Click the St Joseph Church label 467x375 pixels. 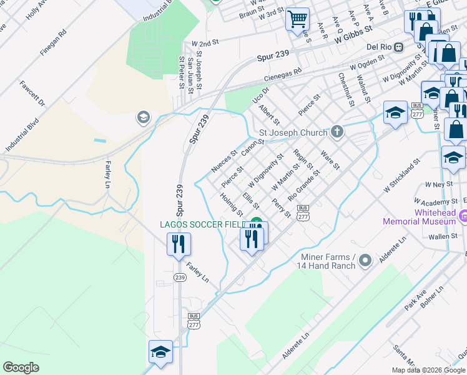[293, 132]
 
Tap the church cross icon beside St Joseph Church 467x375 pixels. [337, 131]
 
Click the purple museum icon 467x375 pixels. [463, 217]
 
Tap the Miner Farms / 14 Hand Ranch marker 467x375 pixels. [366, 259]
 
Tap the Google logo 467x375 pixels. [21, 367]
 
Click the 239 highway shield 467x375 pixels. [180, 277]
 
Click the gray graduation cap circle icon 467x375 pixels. [143, 117]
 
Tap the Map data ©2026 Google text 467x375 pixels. [428, 369]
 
